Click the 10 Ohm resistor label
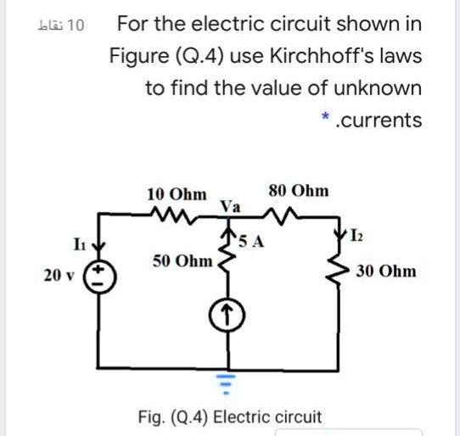177,193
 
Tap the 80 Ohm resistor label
299,191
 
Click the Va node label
230,206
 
